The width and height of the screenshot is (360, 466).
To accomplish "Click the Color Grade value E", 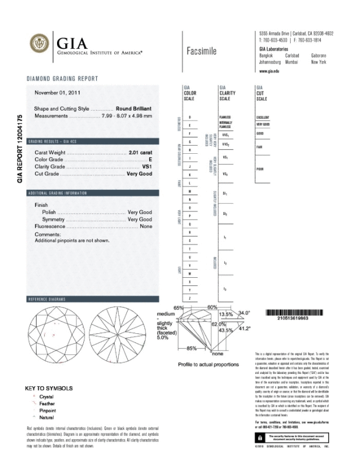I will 150,159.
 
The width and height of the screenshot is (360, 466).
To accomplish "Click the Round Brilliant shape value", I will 134,108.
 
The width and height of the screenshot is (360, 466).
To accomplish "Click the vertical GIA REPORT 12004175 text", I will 20,148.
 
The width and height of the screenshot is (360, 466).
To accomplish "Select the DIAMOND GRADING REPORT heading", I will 62,79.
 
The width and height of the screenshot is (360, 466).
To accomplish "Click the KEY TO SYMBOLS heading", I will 49,388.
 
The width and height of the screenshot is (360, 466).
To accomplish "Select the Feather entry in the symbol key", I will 47,403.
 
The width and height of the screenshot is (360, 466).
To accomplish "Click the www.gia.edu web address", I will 270,70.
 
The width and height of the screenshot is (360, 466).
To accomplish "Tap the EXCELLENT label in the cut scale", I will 263,117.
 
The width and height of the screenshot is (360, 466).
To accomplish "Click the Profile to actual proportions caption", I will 209,364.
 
